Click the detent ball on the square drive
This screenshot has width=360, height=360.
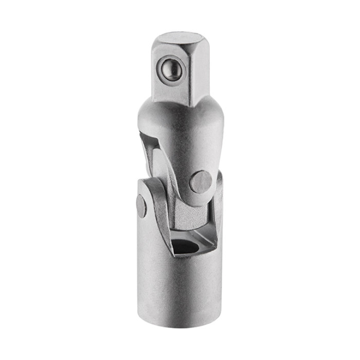tap(170, 68)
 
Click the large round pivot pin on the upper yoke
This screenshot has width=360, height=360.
tap(201, 182)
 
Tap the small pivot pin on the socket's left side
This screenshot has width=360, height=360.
tap(141, 206)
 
